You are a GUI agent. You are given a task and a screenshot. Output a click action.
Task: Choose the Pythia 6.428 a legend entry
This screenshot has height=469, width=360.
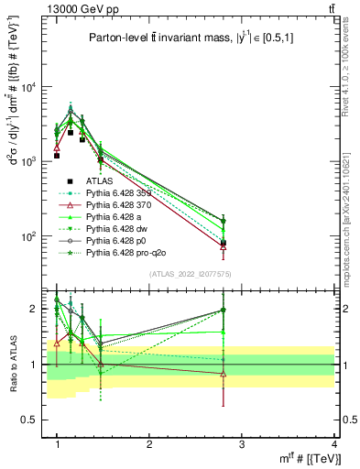point(123,216)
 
